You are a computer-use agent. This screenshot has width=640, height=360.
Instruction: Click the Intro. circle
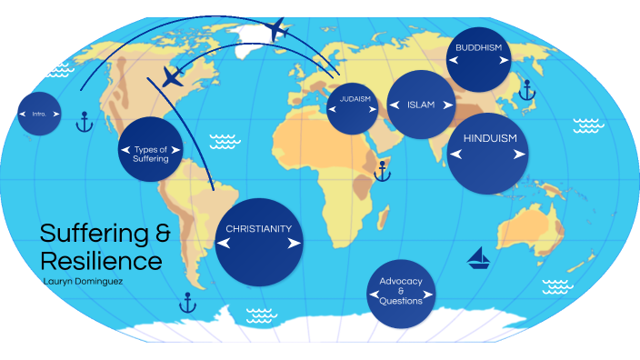pos(40,113)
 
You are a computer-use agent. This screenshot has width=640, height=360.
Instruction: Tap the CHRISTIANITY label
pos(258,229)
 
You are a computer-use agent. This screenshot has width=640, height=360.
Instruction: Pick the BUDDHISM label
pos(479,46)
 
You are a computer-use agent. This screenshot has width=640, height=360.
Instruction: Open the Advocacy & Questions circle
pos(401,292)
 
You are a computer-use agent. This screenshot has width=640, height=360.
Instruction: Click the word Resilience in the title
pos(101,261)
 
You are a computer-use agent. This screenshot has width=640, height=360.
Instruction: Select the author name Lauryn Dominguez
pos(86,281)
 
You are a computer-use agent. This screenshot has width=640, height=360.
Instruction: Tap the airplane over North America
pos(173,76)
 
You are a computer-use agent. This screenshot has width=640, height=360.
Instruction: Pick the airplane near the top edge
pos(278,30)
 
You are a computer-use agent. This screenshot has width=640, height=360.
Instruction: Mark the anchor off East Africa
pos(383,169)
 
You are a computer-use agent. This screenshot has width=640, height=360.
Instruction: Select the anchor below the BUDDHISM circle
pos(525,89)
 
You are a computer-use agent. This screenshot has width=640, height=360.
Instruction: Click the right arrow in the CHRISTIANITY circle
pos(294,244)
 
